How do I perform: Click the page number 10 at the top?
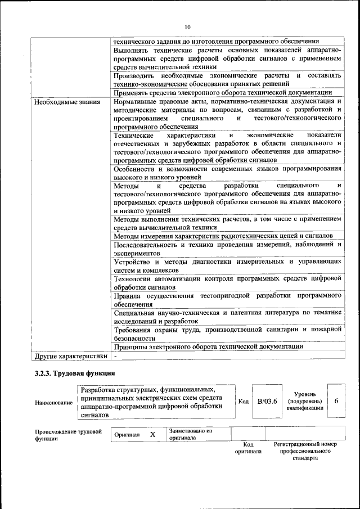pyautogui.click(x=187, y=26)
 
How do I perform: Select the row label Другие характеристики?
pyautogui.click(x=70, y=356)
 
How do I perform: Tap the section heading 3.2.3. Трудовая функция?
pyautogui.click(x=74, y=373)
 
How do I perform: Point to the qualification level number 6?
pyautogui.click(x=336, y=401)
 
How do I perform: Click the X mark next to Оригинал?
pyautogui.click(x=152, y=435)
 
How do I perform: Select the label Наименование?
pyautogui.click(x=53, y=403)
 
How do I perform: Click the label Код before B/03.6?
pyautogui.click(x=244, y=402)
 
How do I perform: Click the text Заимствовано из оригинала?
pyautogui.click(x=190, y=434)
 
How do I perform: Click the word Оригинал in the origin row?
pyautogui.click(x=127, y=435)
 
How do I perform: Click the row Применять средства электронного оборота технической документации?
pyautogui.click(x=222, y=92)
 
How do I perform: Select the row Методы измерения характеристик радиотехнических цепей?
pyautogui.click(x=223, y=236)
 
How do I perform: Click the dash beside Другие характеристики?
pyautogui.click(x=115, y=356)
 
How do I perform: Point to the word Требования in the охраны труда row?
pyautogui.click(x=133, y=330)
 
